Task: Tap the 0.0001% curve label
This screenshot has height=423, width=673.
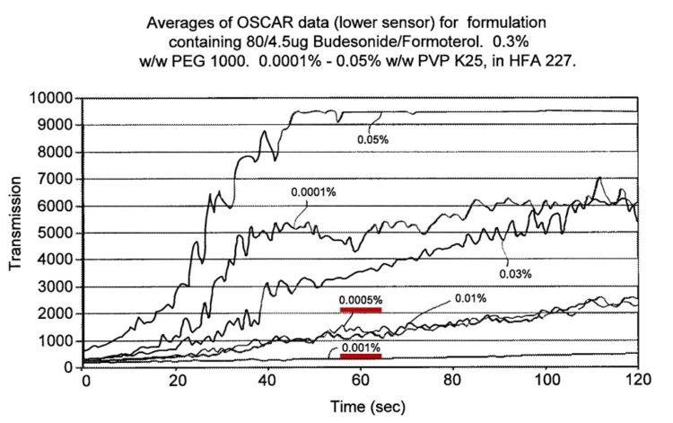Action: [x=311, y=191]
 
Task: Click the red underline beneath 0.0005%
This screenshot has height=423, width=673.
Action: [x=360, y=309]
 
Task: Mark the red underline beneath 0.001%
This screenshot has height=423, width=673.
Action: [x=360, y=357]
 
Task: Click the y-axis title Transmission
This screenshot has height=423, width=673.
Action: [x=15, y=229]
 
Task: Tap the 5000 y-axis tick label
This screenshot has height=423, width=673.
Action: [x=56, y=234]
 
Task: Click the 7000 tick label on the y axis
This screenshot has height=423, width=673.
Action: [x=56, y=180]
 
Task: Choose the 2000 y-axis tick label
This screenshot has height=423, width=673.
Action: [x=56, y=314]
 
